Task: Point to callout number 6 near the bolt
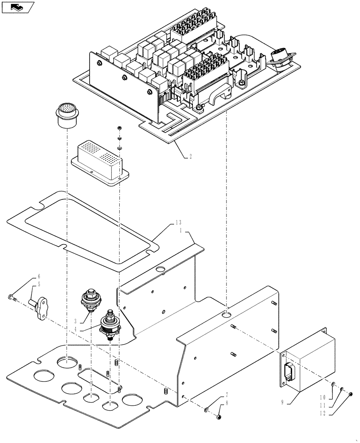click(39, 276)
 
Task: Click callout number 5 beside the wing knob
click(39, 284)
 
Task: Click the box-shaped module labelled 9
click(308, 362)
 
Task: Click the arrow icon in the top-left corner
click(17, 7)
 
